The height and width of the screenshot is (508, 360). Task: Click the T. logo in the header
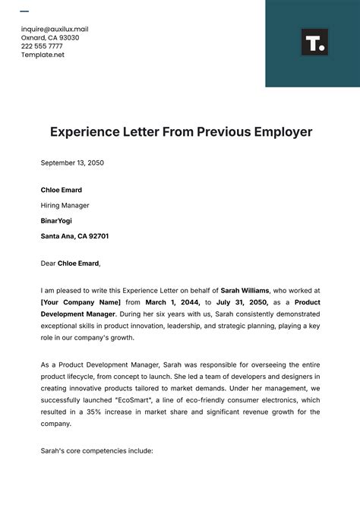click(x=314, y=43)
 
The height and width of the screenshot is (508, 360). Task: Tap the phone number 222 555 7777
click(x=42, y=46)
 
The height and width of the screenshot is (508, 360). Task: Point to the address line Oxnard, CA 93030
click(x=49, y=37)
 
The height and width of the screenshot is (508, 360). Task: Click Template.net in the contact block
click(x=43, y=55)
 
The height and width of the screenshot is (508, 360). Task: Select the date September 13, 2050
click(x=72, y=162)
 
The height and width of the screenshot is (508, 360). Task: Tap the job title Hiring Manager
click(x=65, y=205)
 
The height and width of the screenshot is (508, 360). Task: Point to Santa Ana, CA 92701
click(x=74, y=236)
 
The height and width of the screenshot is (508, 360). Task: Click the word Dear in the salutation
click(x=48, y=263)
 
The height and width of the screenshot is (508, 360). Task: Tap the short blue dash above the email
click(x=24, y=11)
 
